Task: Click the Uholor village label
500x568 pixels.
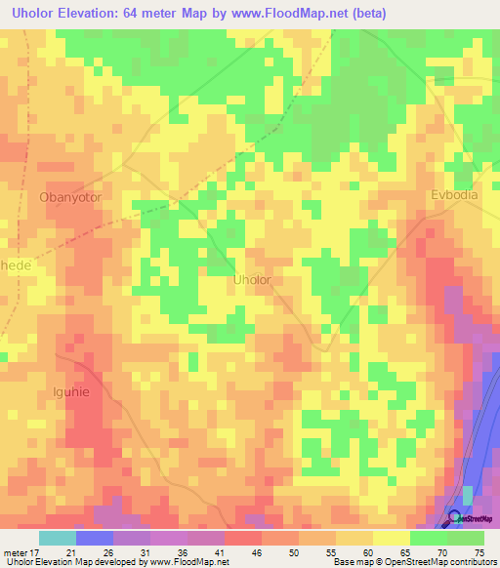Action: [x=252, y=280]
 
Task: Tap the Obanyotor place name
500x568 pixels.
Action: [x=70, y=196]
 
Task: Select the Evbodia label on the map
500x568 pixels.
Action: [x=455, y=195]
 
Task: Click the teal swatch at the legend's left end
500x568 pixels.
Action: [x=57, y=538]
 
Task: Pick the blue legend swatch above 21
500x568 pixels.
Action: [x=94, y=538]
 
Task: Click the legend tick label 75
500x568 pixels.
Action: [x=479, y=552]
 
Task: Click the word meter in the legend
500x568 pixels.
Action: [x=15, y=552]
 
